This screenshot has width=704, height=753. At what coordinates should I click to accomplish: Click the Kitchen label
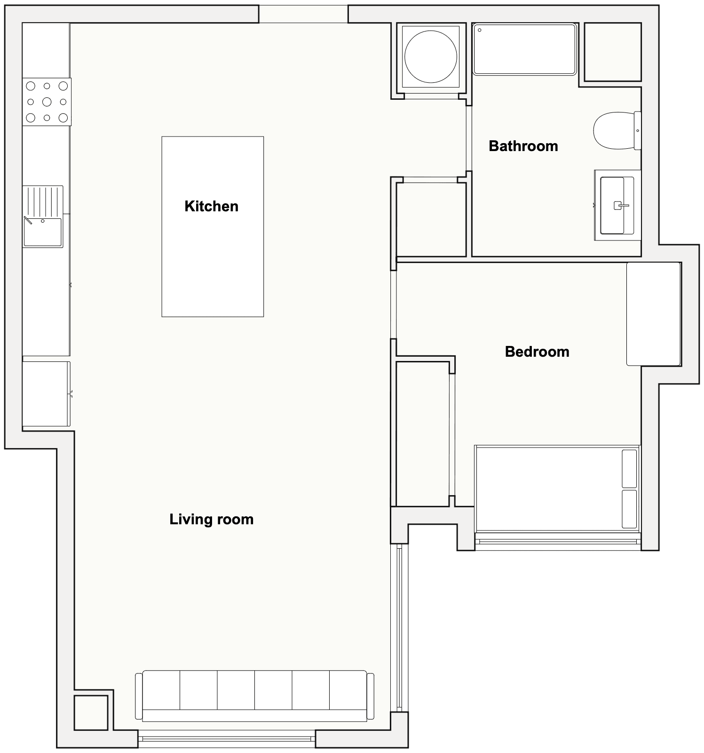pos(211,206)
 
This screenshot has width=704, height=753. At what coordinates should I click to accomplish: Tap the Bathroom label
pos(523,146)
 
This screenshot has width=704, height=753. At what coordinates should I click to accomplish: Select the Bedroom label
pos(537,352)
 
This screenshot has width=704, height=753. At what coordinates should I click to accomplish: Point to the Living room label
pos(212,520)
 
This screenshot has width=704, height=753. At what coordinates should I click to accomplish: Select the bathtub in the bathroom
pos(524,49)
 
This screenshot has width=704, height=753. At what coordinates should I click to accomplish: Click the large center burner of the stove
pos(47,102)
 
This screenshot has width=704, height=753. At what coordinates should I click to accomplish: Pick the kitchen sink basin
pos(43,232)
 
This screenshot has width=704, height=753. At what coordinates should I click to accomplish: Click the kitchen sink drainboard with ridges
pos(43,201)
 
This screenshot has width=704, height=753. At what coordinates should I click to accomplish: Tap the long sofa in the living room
pos(254,696)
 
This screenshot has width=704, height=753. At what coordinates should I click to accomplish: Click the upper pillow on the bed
pos(629,469)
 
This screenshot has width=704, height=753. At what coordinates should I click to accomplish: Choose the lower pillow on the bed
pos(629,509)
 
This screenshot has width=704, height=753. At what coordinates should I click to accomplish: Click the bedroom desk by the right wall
pos(654,314)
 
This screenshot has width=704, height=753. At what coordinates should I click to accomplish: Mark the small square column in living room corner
pos(91,713)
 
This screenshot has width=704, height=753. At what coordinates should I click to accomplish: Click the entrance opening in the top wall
pos(303,14)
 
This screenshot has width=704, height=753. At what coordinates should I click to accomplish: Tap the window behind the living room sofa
pos(227,739)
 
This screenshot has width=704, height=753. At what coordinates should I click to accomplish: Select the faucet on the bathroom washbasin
pos(621,205)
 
